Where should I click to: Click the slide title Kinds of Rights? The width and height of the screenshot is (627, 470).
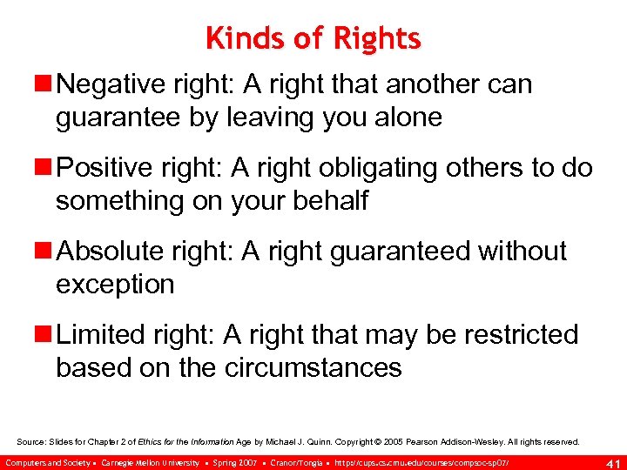point(313,38)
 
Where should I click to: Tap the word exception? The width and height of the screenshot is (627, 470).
point(115,285)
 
